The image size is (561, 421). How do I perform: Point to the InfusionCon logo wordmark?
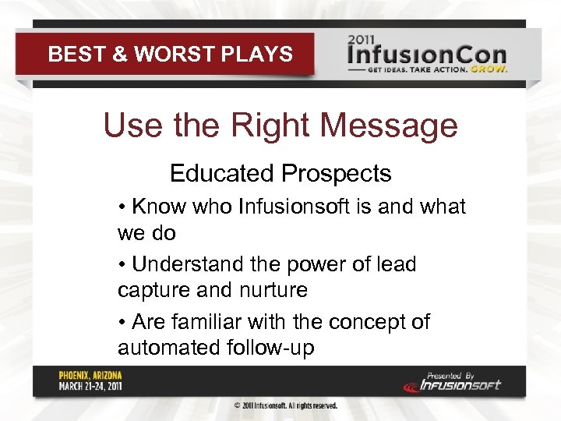point(427,55)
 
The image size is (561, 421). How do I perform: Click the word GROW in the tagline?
point(491,69)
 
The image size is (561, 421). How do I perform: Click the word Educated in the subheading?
point(221,173)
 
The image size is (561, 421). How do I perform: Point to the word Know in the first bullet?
point(157,207)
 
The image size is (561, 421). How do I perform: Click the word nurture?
point(270,290)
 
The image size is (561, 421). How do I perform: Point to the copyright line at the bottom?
point(286,406)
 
